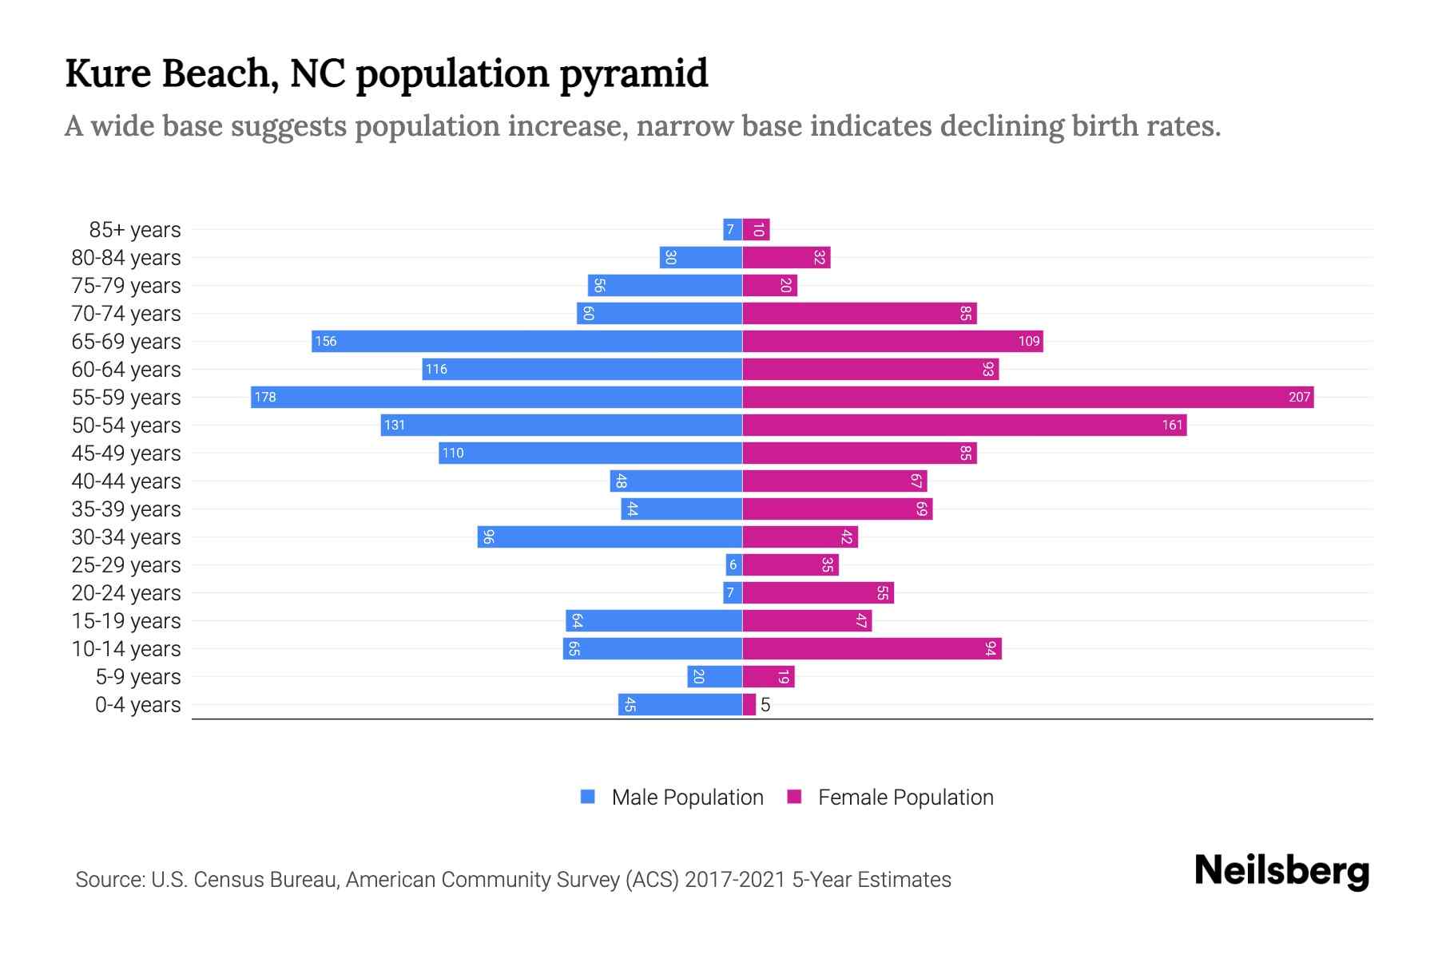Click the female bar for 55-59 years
1028,397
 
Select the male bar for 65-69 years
527,341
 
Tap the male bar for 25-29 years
733,564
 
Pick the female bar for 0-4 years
749,704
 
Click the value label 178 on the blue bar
265,397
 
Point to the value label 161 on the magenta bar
1172,425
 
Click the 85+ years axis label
135,230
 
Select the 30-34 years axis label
126,537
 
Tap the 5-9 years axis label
138,677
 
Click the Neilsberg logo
1281,871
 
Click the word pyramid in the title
633,74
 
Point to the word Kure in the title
108,74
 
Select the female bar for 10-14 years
872,648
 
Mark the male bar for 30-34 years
610,536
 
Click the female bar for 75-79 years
770,285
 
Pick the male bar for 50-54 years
562,425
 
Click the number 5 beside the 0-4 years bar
765,705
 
